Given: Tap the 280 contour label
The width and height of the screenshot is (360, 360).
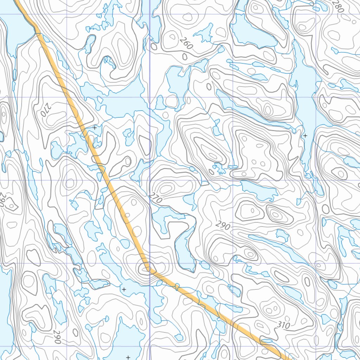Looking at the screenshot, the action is tap(338, 6).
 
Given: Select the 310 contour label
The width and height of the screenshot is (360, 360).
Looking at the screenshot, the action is tap(284, 326).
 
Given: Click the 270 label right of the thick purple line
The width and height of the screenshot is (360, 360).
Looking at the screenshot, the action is tap(155, 198).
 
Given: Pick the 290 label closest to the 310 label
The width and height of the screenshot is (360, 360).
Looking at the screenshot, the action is tap(223, 225).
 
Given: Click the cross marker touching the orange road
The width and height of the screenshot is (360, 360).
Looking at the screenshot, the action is tap(95, 128).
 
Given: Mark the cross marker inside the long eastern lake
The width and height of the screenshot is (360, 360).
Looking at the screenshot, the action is tap(305, 135).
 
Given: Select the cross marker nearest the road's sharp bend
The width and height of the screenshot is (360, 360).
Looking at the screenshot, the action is tap(124, 289).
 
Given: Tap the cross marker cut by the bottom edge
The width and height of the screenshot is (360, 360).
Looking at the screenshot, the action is tap(128, 357).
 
